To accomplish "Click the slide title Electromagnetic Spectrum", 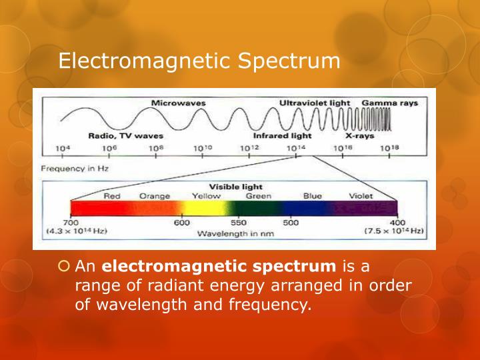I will pos(199,61).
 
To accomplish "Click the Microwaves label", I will pos(178,103).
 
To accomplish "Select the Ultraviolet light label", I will pos(315,103).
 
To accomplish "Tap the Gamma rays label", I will pos(390,103).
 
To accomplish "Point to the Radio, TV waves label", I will pos(125,135).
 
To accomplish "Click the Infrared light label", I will pos(282,135).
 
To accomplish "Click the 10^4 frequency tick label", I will pos(63,148).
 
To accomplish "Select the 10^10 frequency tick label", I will pos(203,148).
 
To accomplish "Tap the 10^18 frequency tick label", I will pos(389,148).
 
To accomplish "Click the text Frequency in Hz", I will pos(75,169).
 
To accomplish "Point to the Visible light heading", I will pos(236,187).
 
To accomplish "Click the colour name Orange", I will pos(155,196).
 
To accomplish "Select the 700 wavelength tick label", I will pos(71,223).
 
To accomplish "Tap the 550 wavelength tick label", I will pos(239,223).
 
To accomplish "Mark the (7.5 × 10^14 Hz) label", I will pos(395,231).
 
